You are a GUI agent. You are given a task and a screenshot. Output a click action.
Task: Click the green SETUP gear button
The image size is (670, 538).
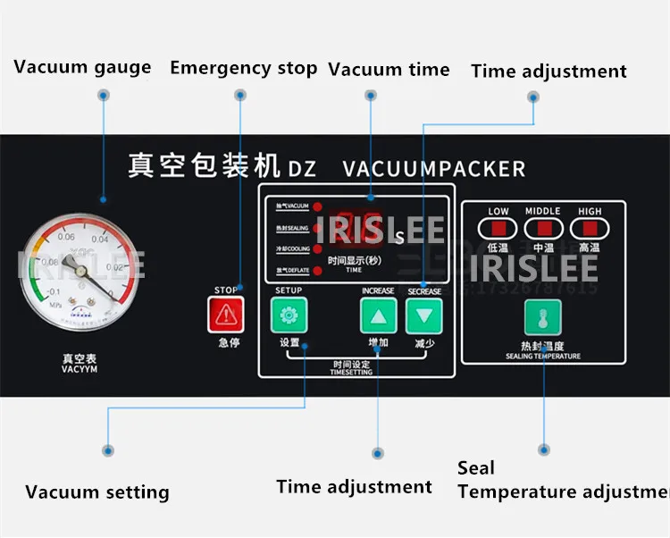click(x=289, y=315)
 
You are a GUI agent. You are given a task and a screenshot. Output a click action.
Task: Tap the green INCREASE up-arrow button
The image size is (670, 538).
click(x=378, y=315)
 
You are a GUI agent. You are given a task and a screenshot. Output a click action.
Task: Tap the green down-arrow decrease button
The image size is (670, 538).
click(x=423, y=315)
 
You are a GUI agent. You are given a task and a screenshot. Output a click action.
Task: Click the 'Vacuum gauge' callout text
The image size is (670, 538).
click(x=82, y=68)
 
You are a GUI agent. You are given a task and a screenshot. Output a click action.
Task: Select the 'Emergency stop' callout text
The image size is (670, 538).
click(x=243, y=68)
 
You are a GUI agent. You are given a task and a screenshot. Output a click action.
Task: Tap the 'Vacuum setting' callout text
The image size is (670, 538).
click(x=96, y=492)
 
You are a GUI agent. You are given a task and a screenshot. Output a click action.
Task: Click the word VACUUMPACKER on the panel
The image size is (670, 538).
click(x=434, y=168)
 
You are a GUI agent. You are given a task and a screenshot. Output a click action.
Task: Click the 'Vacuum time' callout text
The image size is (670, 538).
click(x=389, y=69)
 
